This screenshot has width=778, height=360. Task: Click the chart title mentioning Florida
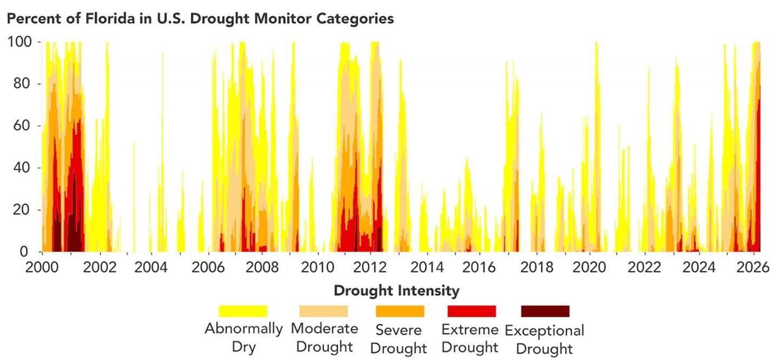coord(200,19)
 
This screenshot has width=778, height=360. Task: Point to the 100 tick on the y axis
coord(21,42)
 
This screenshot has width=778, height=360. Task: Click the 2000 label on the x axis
coord(42,268)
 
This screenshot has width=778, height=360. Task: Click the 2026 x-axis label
coord(755,268)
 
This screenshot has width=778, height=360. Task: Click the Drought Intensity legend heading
coord(397,291)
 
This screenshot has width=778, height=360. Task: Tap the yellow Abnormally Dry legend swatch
coord(243,311)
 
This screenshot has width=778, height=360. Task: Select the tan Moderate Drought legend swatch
coord(324,311)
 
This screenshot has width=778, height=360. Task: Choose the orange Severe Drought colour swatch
coord(400,311)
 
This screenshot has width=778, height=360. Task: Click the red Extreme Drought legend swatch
coord(472,311)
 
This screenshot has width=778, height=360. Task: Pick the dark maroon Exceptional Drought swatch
coord(545,311)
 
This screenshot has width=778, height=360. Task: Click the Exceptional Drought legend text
coord(545,339)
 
